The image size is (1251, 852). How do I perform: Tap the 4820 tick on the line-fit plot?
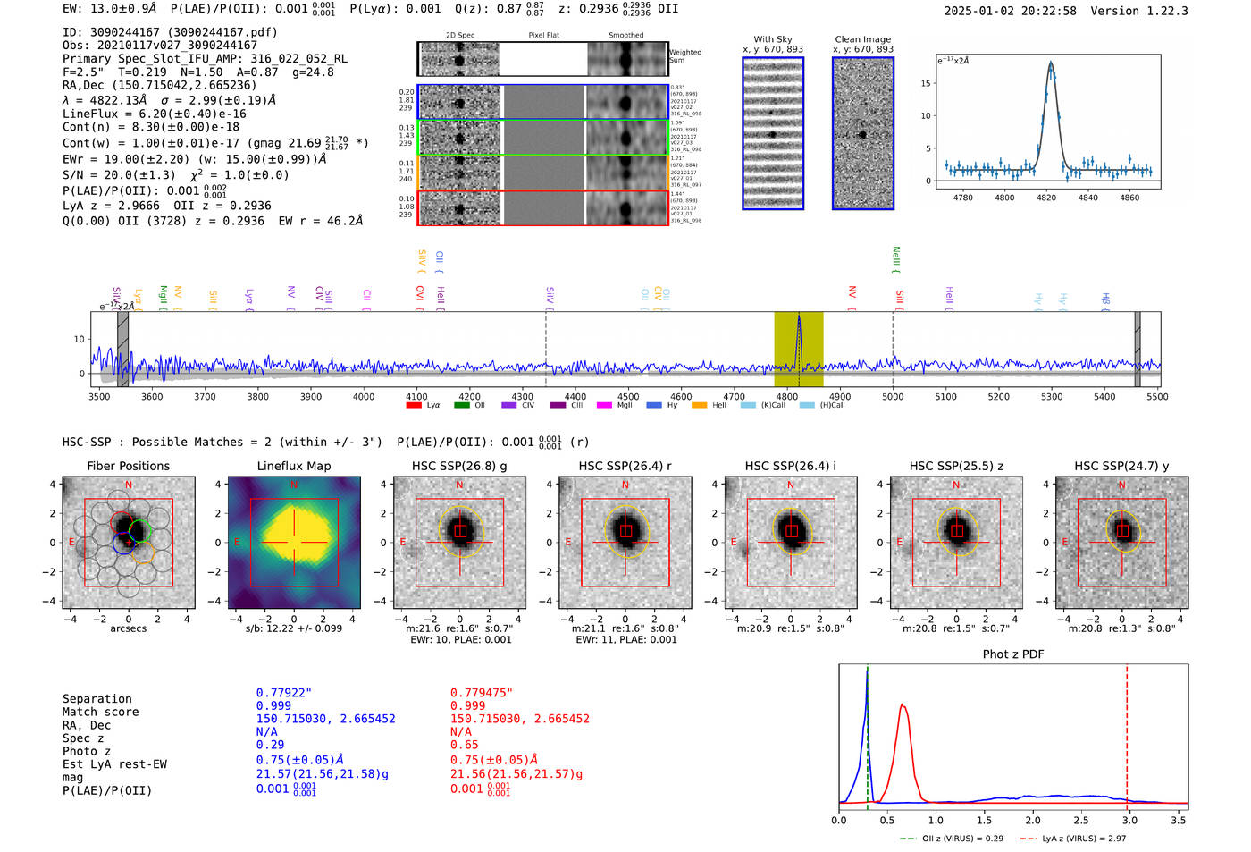pos(1046,197)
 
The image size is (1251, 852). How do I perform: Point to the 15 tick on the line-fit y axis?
pos(926,83)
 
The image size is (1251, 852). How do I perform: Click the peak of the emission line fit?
pos(1051,63)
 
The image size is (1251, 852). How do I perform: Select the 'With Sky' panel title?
pos(772,39)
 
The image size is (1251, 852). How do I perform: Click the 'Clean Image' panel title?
pos(862,39)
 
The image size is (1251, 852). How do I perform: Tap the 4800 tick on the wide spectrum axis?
pos(787,396)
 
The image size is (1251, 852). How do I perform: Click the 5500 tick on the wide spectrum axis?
pos(1157,396)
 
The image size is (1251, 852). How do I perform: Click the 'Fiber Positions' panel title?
pos(128,466)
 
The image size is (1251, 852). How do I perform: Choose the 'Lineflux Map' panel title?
pos(293,466)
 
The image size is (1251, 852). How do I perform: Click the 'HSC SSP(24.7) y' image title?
pos(1121,466)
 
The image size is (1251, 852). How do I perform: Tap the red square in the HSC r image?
pos(625,531)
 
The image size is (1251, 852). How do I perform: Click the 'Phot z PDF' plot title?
pos(1013,654)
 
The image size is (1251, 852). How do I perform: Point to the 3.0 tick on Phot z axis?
pos(1129,820)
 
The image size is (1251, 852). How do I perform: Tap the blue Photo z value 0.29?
pos(270,745)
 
